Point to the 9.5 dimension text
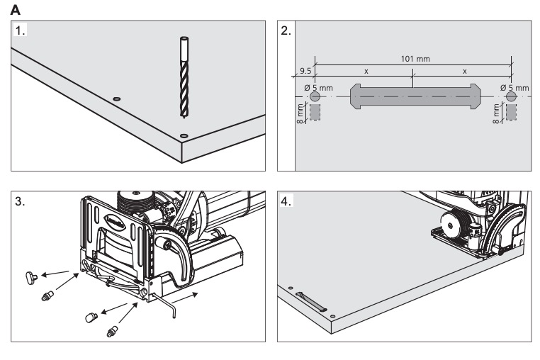[x=305, y=72]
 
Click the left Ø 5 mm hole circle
[x=315, y=96]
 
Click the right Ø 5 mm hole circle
[x=511, y=96]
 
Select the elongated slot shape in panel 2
[x=412, y=96]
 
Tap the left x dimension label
[x=366, y=72]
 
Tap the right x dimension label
[x=464, y=72]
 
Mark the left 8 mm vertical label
[x=300, y=113]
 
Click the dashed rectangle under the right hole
[x=512, y=113]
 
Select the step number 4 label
[x=286, y=201]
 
